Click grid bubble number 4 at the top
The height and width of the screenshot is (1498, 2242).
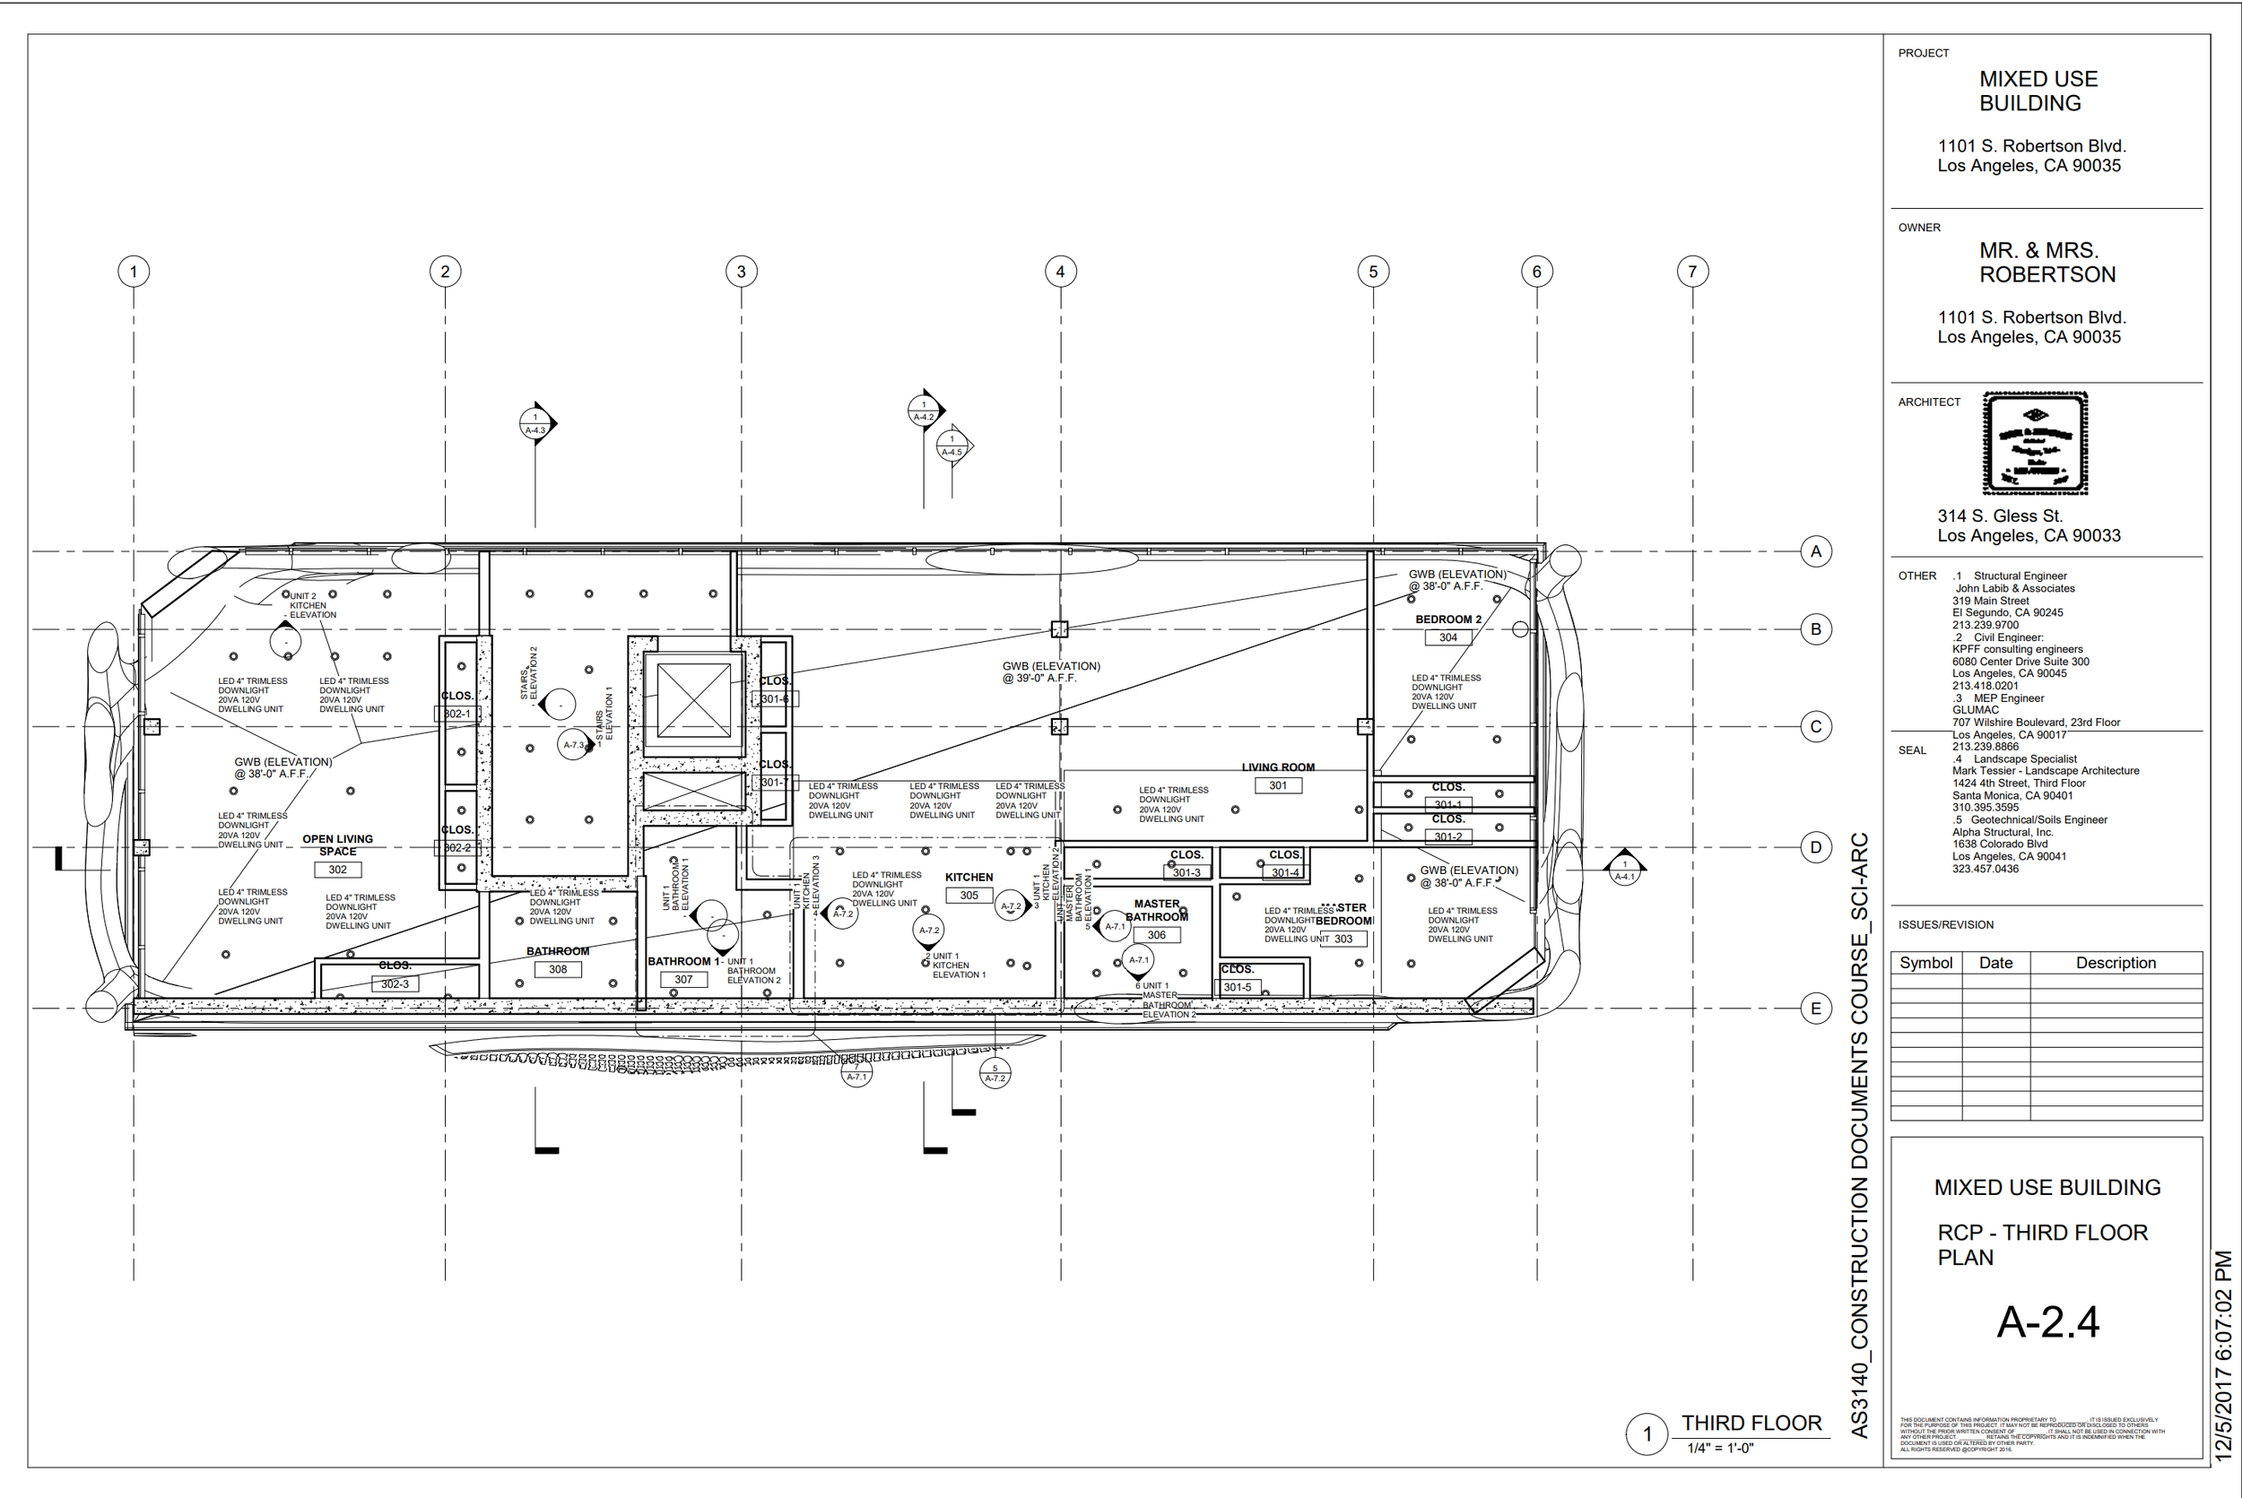[1060, 273]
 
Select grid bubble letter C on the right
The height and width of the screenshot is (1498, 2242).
[1816, 727]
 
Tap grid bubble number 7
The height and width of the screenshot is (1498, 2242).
[1692, 273]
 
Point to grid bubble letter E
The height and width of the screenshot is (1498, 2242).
[1816, 1009]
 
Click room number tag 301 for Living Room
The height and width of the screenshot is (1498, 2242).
[1278, 786]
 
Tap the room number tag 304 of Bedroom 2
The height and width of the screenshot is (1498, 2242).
[1447, 638]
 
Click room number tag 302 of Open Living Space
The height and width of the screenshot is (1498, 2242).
[337, 870]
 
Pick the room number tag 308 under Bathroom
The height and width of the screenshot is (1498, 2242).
[557, 970]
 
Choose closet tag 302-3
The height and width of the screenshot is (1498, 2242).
[395, 985]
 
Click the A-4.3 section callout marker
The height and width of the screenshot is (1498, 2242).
[536, 423]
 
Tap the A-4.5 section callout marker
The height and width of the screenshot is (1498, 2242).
[952, 446]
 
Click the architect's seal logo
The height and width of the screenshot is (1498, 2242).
[2035, 443]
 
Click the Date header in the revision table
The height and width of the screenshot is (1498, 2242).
[1995, 963]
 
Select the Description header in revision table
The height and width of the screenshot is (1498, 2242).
[2115, 963]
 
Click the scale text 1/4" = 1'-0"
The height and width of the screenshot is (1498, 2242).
[1720, 1449]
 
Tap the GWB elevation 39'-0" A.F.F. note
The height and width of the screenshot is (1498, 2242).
[1050, 672]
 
